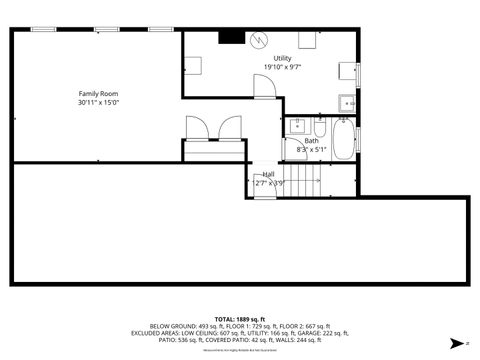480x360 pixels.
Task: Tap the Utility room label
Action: (x=281, y=59)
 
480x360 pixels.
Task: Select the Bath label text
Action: (x=312, y=141)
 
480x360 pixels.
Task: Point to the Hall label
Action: (x=268, y=174)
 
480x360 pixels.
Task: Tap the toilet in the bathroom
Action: (x=319, y=128)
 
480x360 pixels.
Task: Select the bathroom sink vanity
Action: (x=297, y=128)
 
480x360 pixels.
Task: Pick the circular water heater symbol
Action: (x=259, y=41)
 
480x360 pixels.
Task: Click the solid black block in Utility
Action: (x=231, y=38)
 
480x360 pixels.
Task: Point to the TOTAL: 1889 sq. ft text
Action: (x=239, y=318)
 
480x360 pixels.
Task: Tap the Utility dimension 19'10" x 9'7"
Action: (x=282, y=67)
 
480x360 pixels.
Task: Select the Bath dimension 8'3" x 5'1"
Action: (x=312, y=149)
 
